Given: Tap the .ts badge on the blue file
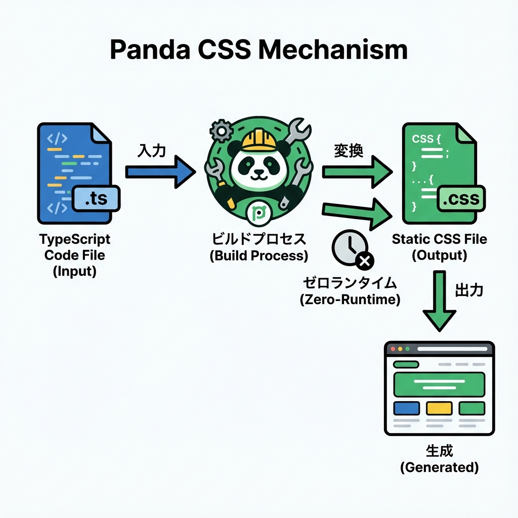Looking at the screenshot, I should (x=96, y=199).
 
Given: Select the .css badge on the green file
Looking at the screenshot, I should (x=460, y=199).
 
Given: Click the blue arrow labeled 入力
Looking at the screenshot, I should (x=159, y=172).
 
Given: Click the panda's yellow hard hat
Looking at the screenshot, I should (x=258, y=139).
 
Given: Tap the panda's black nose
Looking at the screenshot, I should (x=259, y=170).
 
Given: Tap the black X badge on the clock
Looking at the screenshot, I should (x=364, y=262).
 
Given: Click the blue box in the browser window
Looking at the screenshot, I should (x=406, y=408).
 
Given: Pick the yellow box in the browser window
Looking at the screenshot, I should (x=439, y=408).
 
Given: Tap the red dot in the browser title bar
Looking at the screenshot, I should (x=392, y=349).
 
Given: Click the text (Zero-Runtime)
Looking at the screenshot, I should (x=350, y=299).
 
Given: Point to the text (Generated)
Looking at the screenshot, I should (x=439, y=467).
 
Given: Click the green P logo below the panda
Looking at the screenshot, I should (x=259, y=214).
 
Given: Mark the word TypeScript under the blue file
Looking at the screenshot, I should (x=74, y=239).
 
